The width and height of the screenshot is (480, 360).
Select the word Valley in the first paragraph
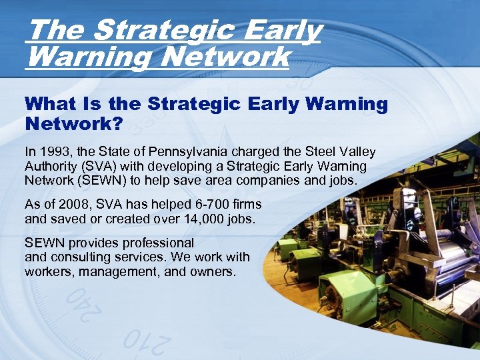pyautogui.click(x=353, y=153)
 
